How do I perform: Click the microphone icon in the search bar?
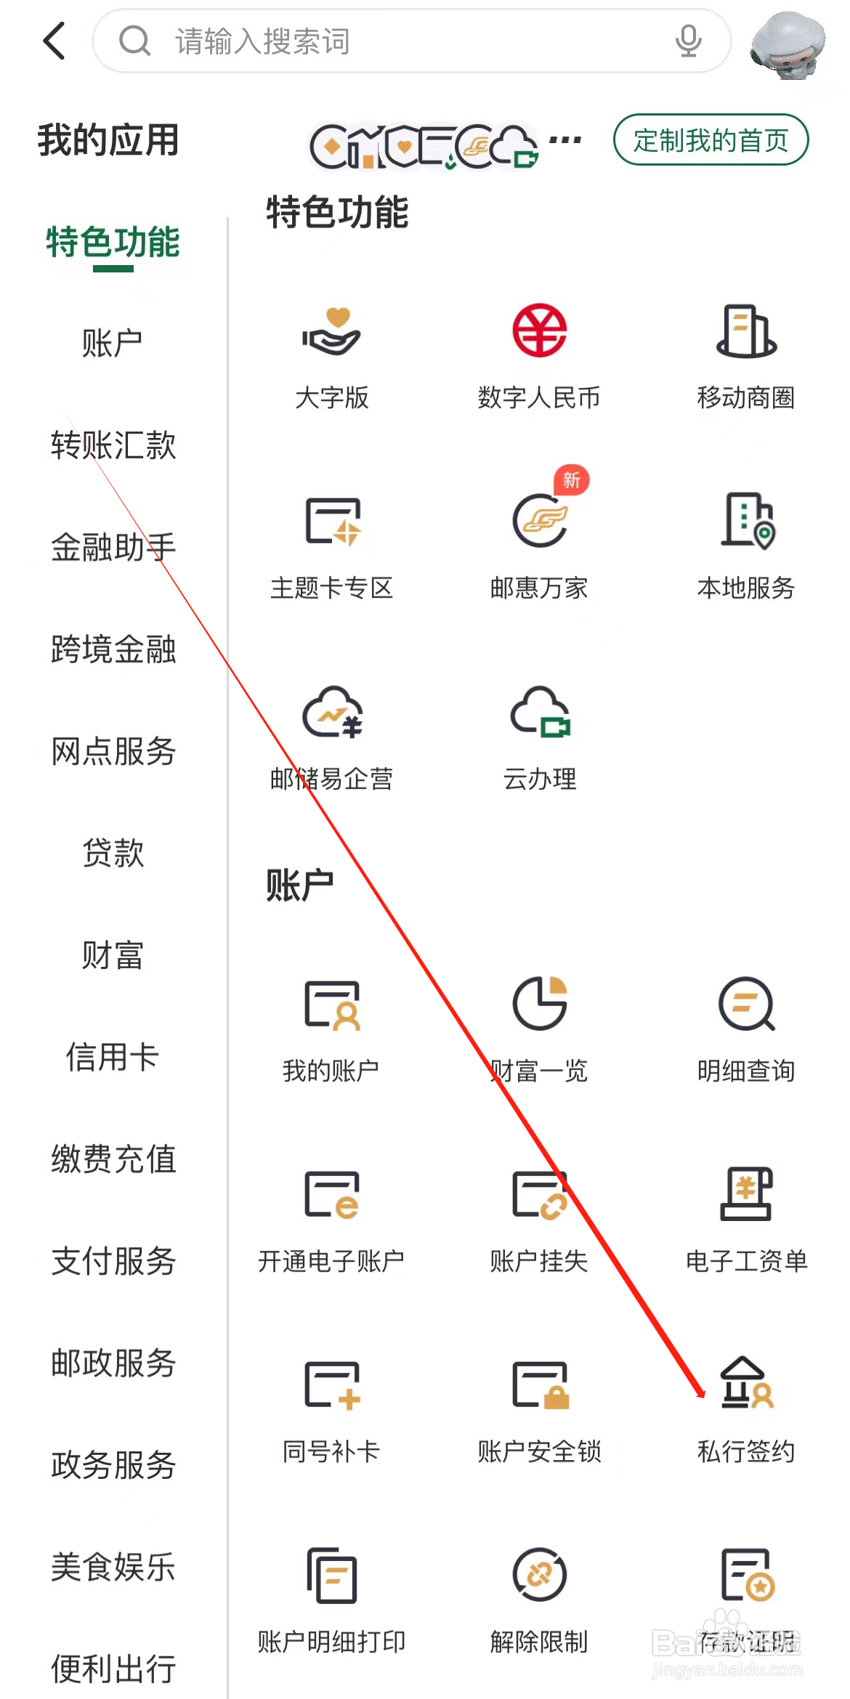[x=687, y=41]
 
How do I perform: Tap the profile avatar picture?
[x=788, y=44]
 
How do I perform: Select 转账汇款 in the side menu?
[x=113, y=445]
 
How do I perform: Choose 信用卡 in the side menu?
[x=113, y=1056]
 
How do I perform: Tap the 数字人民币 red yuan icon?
[x=539, y=331]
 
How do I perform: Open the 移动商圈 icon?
[x=746, y=331]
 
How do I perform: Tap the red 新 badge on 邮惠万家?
[x=572, y=480]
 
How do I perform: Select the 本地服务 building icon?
[x=747, y=520]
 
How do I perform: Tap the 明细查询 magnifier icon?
[x=746, y=1004]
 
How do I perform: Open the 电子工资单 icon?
[x=746, y=1194]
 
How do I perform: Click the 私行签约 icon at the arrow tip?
[x=746, y=1383]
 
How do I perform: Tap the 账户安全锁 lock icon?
[x=540, y=1384]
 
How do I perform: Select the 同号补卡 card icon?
[x=332, y=1384]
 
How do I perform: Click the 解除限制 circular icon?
[x=539, y=1575]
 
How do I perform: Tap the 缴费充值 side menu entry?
[x=113, y=1159]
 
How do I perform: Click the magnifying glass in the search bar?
[x=134, y=41]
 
